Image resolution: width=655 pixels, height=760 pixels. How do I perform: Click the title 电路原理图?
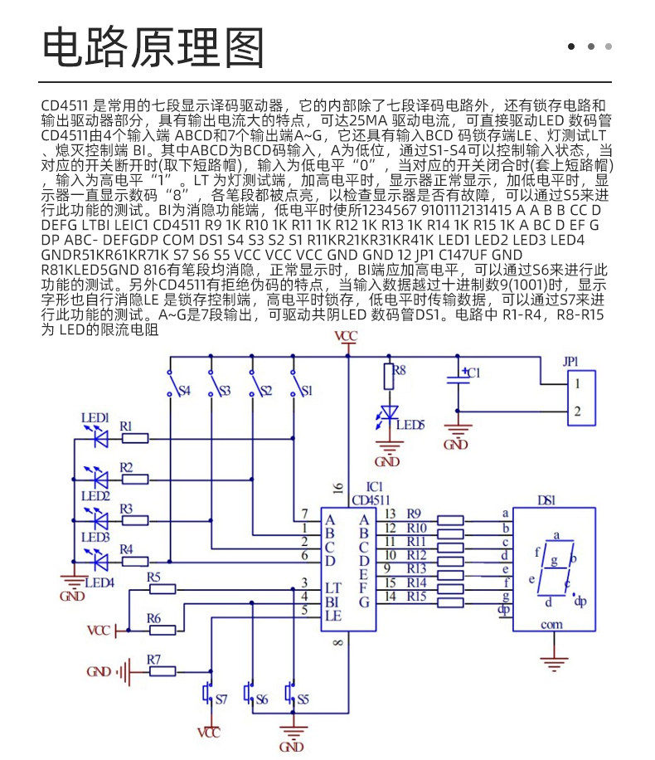153,47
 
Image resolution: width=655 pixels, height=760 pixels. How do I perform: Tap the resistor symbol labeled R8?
389,377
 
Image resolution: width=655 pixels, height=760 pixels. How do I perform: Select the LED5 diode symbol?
389,413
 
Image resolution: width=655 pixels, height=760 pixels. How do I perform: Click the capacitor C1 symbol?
458,379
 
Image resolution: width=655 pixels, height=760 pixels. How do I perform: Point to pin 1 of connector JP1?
577,384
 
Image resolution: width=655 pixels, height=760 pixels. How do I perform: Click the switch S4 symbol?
170,383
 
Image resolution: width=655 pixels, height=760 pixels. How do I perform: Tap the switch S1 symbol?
294,383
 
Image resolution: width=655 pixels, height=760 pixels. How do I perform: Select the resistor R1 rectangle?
134,439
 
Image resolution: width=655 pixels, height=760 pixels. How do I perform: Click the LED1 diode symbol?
101,439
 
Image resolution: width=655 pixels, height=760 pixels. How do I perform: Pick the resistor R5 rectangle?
163,589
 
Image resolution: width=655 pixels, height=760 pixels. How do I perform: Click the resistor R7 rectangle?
163,672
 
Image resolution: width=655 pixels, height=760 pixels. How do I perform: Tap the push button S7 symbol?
208,694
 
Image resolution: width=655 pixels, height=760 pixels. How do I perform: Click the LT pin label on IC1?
332,588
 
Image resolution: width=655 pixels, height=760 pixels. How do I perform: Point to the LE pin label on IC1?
333,616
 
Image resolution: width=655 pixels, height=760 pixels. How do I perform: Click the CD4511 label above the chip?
371,499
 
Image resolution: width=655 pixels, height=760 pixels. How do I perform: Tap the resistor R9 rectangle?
450,520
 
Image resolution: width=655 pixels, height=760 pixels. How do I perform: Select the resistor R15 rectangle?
450,603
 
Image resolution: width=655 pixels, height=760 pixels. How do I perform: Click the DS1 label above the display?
546,499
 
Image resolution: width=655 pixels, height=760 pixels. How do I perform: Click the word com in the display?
552,625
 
